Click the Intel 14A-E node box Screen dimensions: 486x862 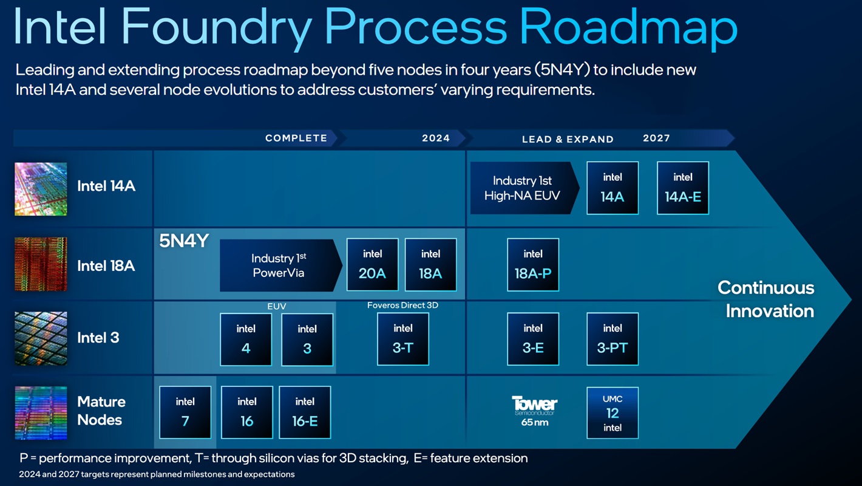pos(683,188)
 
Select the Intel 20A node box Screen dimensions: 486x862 pos(372,264)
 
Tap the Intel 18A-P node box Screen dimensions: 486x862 pos(533,264)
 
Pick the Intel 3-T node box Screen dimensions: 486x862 pos(403,338)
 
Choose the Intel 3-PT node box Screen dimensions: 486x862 pos(613,338)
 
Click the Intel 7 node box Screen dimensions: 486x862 pos(185,412)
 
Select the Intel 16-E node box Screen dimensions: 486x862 pos(305,412)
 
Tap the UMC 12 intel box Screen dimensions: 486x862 pos(613,412)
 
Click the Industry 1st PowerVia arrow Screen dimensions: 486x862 pos(279,265)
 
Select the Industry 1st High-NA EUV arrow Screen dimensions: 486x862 pos(522,188)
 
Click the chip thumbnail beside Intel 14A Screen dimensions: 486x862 pos(41,189)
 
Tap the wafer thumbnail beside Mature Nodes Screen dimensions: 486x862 pos(41,412)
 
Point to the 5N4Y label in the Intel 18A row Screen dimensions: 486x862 pos(184,241)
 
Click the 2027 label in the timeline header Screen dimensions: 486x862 pos(656,138)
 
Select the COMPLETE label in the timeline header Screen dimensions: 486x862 pos(296,138)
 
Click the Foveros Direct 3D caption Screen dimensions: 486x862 pos(402,305)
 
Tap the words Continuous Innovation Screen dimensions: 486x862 pos(766,299)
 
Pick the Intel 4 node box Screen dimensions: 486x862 pos(246,339)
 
